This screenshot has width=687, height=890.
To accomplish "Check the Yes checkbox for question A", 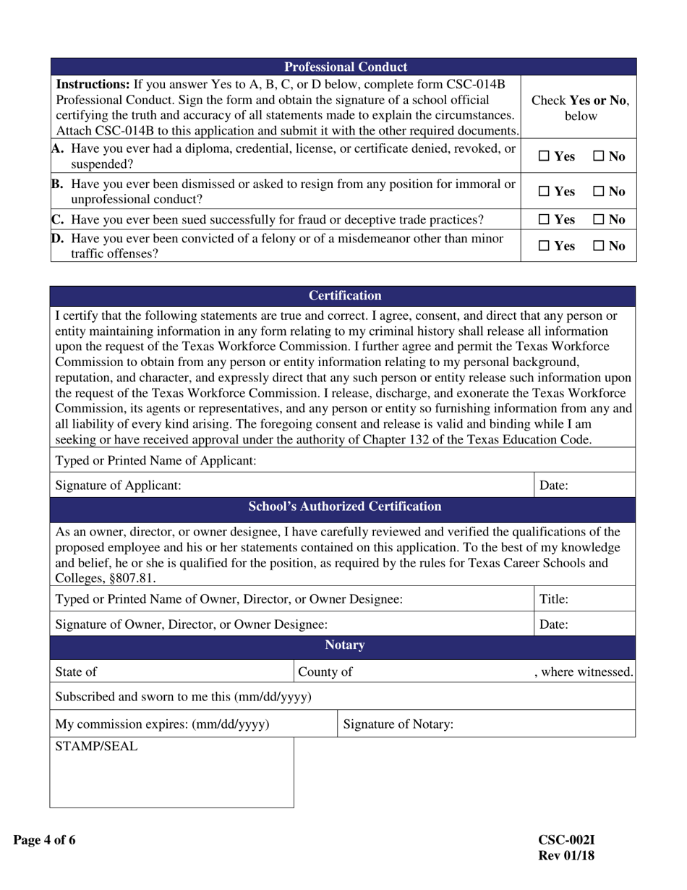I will click(x=545, y=156).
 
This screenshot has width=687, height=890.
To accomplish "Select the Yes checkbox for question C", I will click(x=545, y=219).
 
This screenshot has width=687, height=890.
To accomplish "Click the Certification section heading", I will click(x=345, y=296).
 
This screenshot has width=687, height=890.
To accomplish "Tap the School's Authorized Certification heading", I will click(x=344, y=507).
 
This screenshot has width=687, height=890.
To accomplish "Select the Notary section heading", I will click(x=344, y=645).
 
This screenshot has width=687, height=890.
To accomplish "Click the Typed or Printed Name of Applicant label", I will click(x=155, y=461).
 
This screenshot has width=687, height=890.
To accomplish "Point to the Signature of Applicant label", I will click(x=119, y=486).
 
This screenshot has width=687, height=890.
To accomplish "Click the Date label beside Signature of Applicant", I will click(x=554, y=486).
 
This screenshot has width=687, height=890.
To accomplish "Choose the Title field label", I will click(x=555, y=599).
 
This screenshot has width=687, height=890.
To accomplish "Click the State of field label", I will click(x=76, y=671).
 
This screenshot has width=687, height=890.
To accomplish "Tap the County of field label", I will click(x=325, y=671).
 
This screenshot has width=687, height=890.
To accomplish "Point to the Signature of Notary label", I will click(x=398, y=724).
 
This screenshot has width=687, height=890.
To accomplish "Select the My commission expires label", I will click(x=163, y=724).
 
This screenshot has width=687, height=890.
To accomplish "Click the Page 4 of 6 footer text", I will click(x=44, y=840).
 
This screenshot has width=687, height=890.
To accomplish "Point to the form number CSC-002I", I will click(x=566, y=840).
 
